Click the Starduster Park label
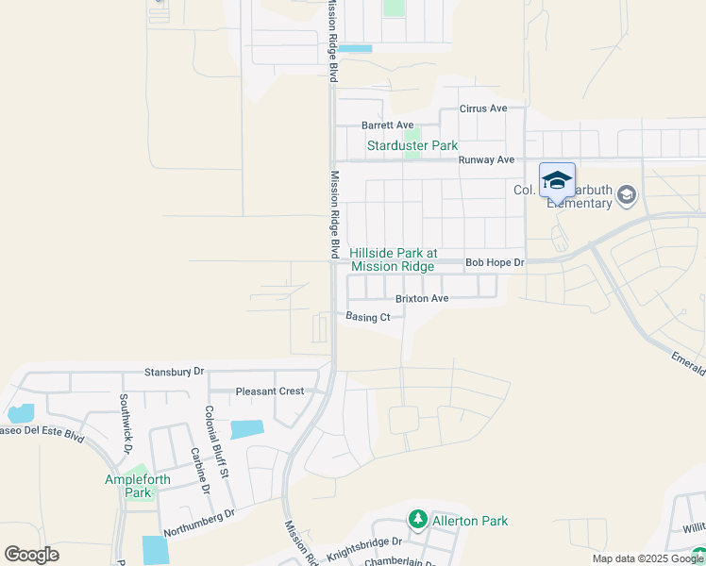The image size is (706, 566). pos(412,146)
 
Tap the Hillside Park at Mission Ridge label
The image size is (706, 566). pos(394,260)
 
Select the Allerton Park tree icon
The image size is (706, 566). pos(417,520)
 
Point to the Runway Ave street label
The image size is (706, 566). pos(486,160)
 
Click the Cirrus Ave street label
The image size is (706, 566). pos(483,108)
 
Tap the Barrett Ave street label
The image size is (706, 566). pos(388,125)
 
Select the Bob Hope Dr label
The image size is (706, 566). pos(495,262)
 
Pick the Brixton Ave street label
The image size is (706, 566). pos(422,298)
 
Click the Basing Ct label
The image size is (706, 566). pos(368,317)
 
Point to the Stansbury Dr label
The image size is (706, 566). pos(175,373)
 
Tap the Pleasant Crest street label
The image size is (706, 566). pos(270,391)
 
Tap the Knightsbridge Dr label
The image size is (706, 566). pos(364,547)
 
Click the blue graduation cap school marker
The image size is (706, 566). pos(557,179)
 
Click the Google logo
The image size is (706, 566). pos(31,555)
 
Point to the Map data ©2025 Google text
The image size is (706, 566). pos(647,558)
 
